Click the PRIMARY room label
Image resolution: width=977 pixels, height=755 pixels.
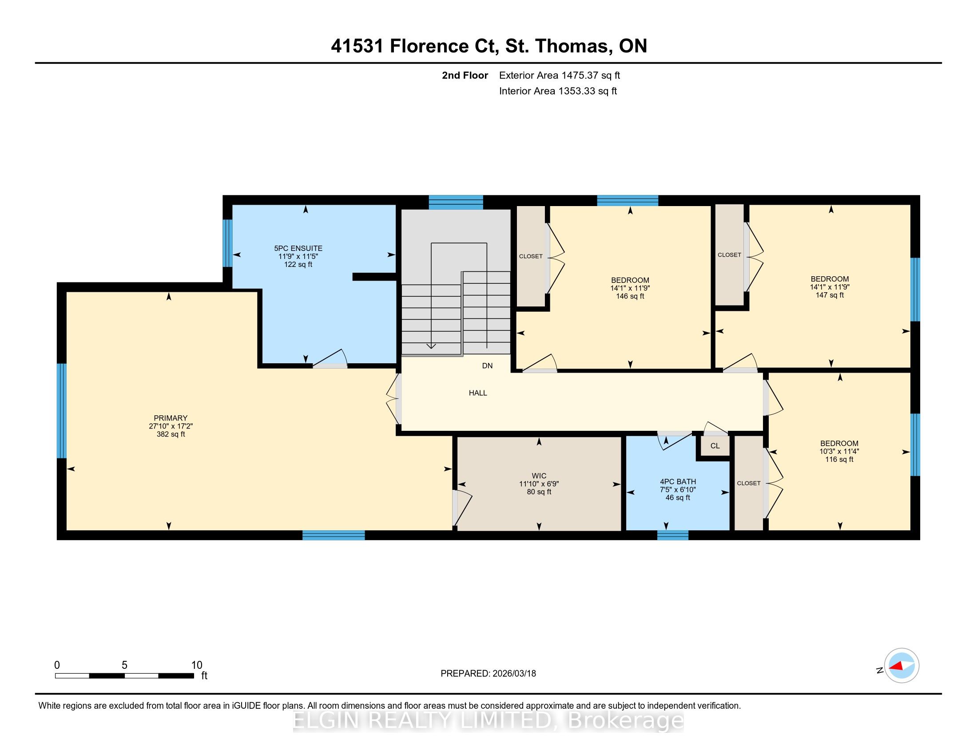click(171, 418)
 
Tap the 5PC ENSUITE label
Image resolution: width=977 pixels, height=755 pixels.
click(298, 248)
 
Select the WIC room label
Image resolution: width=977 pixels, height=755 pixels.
click(539, 476)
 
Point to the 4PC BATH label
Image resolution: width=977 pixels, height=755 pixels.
click(678, 482)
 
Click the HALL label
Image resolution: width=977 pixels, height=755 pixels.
click(478, 393)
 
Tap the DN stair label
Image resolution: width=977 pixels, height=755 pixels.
click(487, 366)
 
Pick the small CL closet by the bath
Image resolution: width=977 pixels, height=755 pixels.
click(715, 446)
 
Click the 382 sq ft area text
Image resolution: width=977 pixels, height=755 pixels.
click(171, 434)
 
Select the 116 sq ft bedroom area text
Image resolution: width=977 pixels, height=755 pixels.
click(839, 459)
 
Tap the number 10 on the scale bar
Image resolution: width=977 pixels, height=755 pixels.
click(197, 665)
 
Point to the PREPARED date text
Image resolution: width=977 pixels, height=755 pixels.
click(488, 674)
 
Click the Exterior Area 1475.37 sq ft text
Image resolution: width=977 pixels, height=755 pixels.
click(560, 75)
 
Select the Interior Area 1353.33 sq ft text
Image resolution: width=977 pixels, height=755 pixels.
click(558, 91)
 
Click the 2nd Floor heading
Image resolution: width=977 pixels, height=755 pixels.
click(465, 75)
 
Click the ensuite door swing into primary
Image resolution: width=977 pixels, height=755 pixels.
click(330, 359)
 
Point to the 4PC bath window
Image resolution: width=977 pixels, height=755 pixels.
click(672, 535)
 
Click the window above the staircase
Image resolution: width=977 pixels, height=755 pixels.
click(456, 202)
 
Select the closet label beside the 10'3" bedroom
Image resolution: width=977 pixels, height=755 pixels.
click(748, 483)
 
